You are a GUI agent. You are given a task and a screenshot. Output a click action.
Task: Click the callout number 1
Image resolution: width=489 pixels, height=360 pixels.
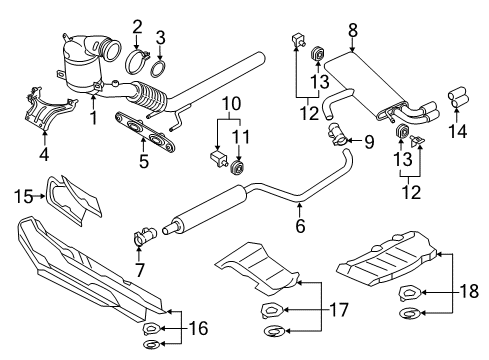pyautogui.click(x=94, y=118)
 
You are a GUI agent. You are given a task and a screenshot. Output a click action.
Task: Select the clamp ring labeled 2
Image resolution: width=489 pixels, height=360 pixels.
pyautogui.click(x=137, y=62)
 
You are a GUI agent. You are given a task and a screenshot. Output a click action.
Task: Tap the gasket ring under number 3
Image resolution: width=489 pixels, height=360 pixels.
pyautogui.click(x=160, y=69)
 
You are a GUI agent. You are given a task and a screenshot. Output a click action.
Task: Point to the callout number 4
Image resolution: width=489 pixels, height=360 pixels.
pyautogui.click(x=44, y=154)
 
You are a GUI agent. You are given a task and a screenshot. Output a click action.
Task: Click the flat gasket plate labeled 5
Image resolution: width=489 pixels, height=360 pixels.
pyautogui.click(x=145, y=132)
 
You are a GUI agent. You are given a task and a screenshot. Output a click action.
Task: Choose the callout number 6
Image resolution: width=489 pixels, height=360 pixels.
pyautogui.click(x=300, y=226)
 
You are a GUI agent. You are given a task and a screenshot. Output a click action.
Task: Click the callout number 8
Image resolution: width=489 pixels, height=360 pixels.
pyautogui.click(x=353, y=30)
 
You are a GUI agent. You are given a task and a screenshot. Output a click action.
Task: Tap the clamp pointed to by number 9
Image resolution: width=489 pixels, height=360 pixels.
pyautogui.click(x=338, y=135)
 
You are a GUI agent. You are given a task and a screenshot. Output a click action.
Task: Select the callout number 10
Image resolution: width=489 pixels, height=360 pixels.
pyautogui.click(x=231, y=104)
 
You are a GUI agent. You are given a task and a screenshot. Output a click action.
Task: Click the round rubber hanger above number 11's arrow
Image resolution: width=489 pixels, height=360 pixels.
pyautogui.click(x=238, y=168)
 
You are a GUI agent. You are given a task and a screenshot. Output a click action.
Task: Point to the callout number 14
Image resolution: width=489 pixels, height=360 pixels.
pyautogui.click(x=457, y=131)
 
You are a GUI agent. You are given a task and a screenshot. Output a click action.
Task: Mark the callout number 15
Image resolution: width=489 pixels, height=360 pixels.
pyautogui.click(x=24, y=196)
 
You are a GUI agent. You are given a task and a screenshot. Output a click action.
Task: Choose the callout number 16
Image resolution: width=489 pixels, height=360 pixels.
pyautogui.click(x=199, y=328)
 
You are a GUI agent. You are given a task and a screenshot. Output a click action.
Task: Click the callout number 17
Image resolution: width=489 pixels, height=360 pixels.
pyautogui.click(x=339, y=310)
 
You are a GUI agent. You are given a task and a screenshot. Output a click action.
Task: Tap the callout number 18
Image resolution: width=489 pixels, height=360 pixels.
pyautogui.click(x=469, y=291)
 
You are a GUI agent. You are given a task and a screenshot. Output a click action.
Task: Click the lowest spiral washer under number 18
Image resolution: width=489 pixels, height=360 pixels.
pyautogui.click(x=409, y=314)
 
